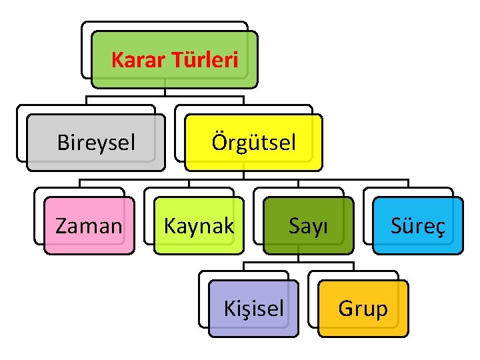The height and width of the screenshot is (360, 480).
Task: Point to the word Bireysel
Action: click(x=96, y=143)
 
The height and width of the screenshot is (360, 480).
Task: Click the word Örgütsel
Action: click(x=253, y=143)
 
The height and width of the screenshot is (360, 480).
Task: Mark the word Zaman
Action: click(x=89, y=226)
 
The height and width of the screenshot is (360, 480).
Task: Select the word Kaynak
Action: click(x=199, y=226)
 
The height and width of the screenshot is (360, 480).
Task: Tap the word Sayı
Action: click(x=308, y=226)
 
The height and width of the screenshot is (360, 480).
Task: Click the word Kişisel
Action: click(x=253, y=309)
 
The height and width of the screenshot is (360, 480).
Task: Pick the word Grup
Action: click(x=363, y=309)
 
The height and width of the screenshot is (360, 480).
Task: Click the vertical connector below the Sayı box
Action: click(x=298, y=258)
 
